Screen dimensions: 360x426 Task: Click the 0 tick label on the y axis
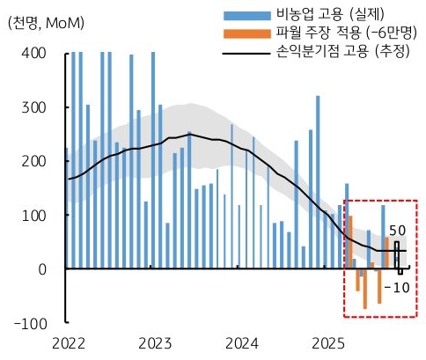coord(41,269)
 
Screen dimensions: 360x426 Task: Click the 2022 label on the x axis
coord(68,342)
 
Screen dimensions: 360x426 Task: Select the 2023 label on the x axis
coord(155,342)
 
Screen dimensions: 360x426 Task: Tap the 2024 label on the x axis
coord(242,342)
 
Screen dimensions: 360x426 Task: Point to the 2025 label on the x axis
coord(329,342)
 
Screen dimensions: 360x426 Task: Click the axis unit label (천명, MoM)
coord(46,24)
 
